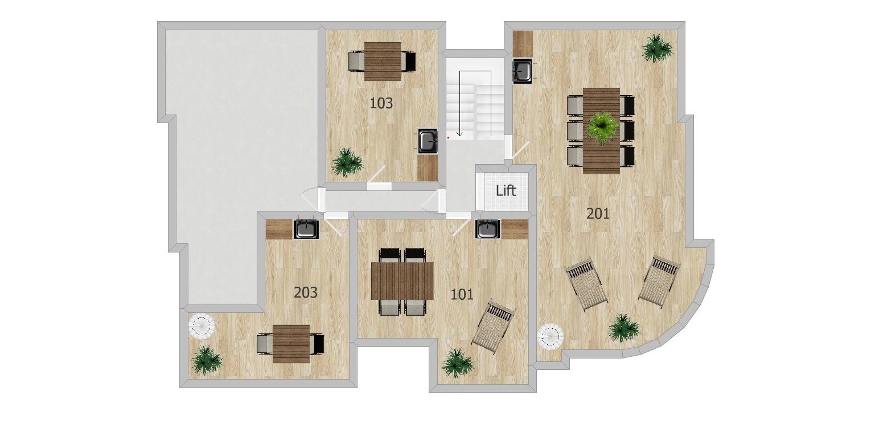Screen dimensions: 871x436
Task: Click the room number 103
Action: [x=381, y=104]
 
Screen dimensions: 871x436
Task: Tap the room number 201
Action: [x=598, y=214]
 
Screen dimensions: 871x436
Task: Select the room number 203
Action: [x=306, y=293]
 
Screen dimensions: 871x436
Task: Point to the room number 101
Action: [x=462, y=295]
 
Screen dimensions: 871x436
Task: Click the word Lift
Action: [x=506, y=191]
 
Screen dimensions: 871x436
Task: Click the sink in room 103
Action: [x=428, y=141]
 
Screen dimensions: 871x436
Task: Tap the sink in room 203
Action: [x=306, y=229]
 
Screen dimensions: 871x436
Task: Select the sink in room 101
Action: [x=488, y=229]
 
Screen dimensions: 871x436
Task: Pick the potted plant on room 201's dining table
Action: [x=602, y=127]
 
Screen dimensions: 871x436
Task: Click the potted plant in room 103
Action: [x=347, y=162]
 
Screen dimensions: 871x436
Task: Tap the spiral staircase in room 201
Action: [x=550, y=336]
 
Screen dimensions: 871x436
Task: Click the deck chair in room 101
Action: [x=494, y=327]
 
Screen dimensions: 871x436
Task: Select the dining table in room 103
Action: [x=383, y=62]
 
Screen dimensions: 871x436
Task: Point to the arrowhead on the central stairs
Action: [x=460, y=133]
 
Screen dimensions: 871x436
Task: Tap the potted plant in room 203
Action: [x=207, y=360]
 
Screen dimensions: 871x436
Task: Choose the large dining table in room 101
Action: [x=402, y=281]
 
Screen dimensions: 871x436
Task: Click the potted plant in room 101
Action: [x=458, y=364]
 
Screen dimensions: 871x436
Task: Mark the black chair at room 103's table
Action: [x=409, y=62]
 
